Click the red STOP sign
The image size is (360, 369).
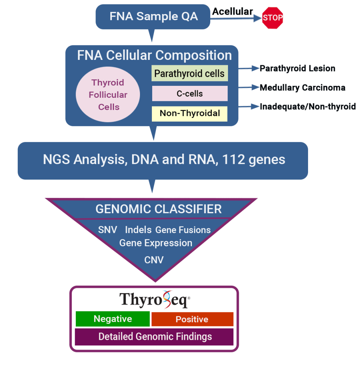point(273,17)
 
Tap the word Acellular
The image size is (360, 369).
point(232,12)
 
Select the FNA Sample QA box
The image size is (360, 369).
point(153,17)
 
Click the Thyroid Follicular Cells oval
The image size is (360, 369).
point(108,95)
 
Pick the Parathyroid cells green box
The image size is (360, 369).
point(189,73)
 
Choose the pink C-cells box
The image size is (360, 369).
point(189,93)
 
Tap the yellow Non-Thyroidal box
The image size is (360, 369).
point(189,113)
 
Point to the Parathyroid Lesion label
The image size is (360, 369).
point(297,68)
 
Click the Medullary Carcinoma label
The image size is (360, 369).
point(302,88)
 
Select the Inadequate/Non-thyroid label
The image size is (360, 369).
point(308,106)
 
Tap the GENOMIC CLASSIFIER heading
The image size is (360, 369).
point(158,209)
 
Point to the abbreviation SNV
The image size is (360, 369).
point(108,230)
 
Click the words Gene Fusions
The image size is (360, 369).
point(183,230)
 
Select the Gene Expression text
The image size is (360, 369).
point(155,243)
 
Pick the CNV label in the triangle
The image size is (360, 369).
point(154,260)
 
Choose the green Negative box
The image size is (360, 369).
point(113,319)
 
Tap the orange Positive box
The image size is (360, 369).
point(192,319)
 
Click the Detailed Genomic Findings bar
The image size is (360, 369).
point(155,337)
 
